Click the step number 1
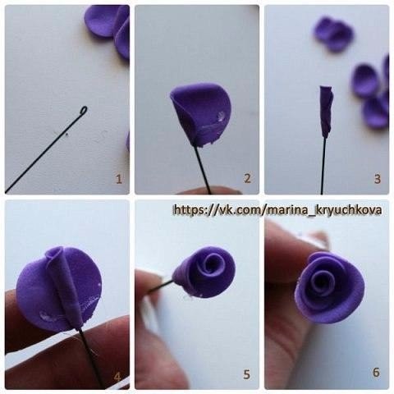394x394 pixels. pos(119,179)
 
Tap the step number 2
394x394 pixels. pos(247,178)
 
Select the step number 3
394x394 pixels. pos(378,179)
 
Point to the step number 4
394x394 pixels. pos(117,377)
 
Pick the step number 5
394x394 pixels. pos(247,374)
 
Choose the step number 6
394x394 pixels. pos(376,372)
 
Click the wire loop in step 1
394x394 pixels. pos(84,110)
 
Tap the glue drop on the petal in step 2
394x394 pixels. pos(221,116)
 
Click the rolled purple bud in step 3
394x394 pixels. pos(327,112)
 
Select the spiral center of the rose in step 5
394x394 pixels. pos(211,263)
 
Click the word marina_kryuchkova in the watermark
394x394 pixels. pos(324,210)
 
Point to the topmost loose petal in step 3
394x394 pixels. pos(333,34)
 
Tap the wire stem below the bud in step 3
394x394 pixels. pos(323,166)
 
